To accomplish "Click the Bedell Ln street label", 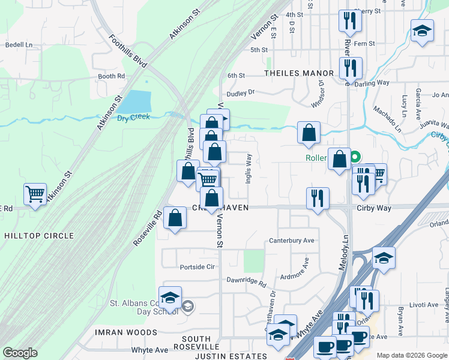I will click(x=19, y=44).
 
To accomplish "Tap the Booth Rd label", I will click(x=111, y=76).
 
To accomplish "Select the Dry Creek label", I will click(x=133, y=117).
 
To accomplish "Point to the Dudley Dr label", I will click(x=241, y=92).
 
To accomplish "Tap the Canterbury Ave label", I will click(x=292, y=241).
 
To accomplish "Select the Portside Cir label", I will click(x=197, y=266).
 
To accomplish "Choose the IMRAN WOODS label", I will click(x=125, y=332).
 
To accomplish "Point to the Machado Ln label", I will click(x=387, y=118).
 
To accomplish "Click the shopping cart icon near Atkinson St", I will click(x=35, y=194).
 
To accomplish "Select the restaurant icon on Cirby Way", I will click(x=318, y=198).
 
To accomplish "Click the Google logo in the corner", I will click(x=20, y=353).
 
